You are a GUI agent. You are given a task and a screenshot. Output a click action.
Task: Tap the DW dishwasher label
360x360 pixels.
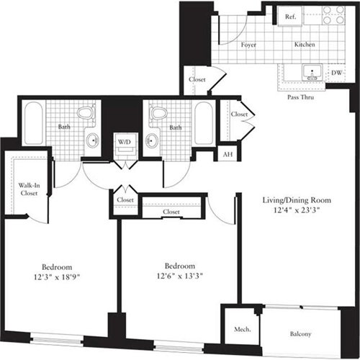tap(336, 73)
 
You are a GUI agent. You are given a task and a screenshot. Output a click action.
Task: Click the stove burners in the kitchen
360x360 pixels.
tap(332, 17)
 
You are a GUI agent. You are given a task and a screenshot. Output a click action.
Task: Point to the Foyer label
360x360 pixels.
tap(249, 45)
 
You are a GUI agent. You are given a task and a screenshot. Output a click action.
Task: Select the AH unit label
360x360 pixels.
tap(228, 154)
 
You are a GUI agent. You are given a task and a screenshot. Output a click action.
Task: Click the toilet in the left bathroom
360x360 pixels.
tap(85, 113)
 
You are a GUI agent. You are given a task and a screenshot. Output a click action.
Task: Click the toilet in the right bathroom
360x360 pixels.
tap(157, 113)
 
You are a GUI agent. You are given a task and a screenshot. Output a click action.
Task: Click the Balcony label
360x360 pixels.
tap(302, 333)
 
